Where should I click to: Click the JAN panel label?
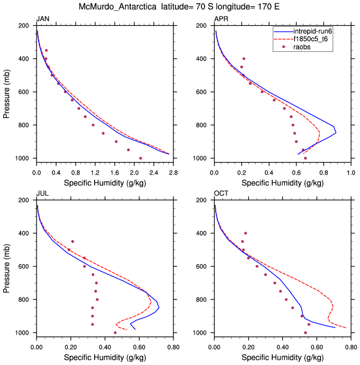42,19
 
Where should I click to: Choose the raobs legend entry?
302,47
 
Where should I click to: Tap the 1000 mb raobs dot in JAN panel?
140,158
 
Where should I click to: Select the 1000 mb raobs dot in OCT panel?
305,332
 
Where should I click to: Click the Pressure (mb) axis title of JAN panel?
7,92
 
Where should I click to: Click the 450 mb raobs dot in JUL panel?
72,241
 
